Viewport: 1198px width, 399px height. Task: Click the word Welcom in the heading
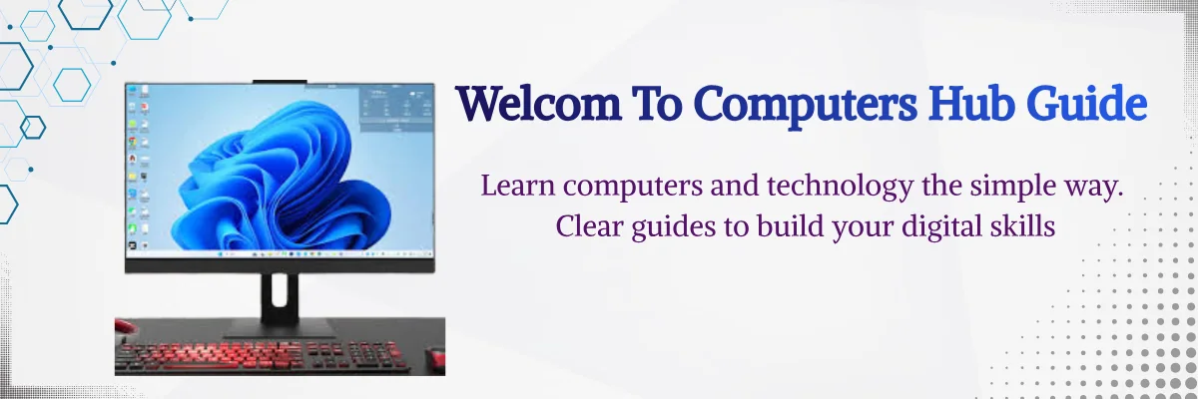point(538,103)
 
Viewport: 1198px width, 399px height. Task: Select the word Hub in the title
point(971,102)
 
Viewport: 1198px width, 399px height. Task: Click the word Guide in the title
point(1086,102)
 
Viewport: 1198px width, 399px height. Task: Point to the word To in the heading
point(657,103)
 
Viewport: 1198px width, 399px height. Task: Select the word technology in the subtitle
point(841,188)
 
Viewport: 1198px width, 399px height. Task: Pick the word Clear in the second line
point(589,226)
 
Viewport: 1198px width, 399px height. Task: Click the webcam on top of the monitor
point(280,81)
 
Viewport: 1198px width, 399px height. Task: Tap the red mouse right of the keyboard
point(436,358)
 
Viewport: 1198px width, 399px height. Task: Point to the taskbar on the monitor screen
point(280,253)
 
